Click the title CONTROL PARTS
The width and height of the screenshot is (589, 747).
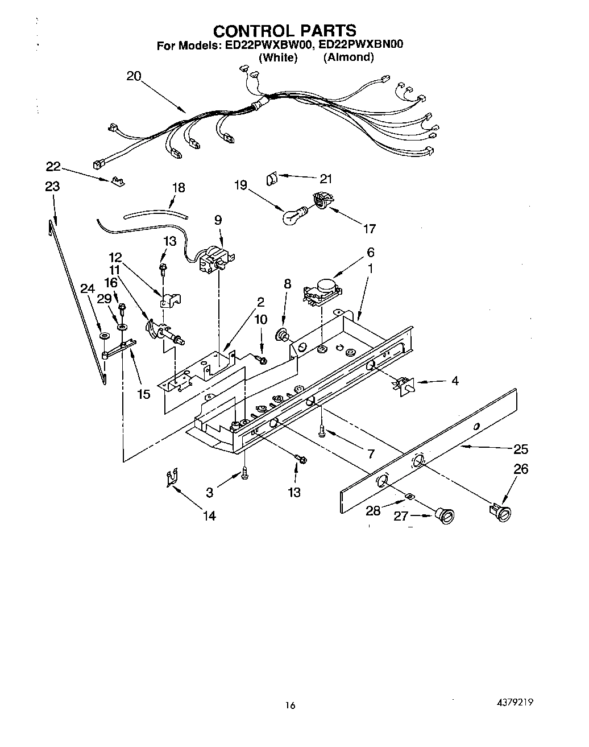[285, 30]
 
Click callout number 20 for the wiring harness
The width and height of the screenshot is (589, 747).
[134, 76]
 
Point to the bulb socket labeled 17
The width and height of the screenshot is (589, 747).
[321, 202]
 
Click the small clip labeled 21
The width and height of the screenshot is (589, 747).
[271, 179]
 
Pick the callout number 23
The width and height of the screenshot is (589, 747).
[52, 186]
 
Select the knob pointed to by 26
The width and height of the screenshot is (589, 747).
[501, 510]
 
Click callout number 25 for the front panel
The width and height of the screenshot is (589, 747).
[520, 449]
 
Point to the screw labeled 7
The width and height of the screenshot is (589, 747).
[323, 432]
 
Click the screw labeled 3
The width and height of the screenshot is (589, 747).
[244, 473]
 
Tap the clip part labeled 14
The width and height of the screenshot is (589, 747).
[171, 478]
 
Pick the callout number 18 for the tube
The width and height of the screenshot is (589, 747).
[179, 188]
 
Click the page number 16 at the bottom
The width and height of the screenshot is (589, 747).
[291, 705]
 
